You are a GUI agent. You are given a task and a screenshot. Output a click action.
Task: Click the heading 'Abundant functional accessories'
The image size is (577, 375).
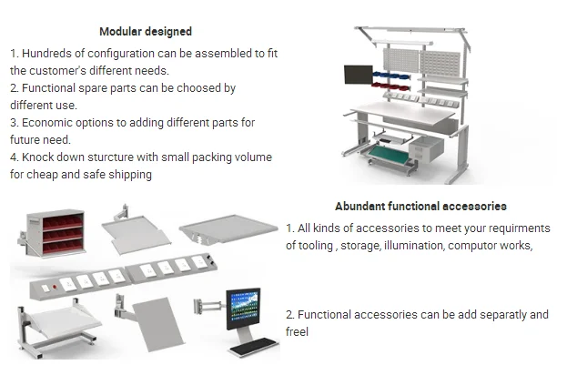point(420,208)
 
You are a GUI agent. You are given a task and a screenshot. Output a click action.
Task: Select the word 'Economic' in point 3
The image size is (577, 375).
point(50,123)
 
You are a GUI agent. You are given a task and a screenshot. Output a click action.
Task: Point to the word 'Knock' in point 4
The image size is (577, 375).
point(41,157)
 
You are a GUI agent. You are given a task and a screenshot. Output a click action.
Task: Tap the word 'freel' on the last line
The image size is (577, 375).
point(298,332)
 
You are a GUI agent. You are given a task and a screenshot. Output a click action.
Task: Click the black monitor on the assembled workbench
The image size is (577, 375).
point(358,79)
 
